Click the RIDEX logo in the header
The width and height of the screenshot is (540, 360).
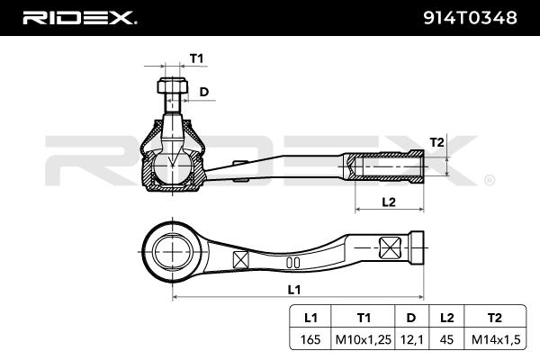pos(78,17)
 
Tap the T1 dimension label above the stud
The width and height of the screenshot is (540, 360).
pos(197,58)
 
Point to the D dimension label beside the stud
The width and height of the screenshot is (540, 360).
pos(204,91)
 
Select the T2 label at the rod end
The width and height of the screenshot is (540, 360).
pos(436,142)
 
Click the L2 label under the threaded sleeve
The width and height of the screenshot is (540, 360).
pos(389,202)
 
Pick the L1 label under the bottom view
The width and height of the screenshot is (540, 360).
pos(293,289)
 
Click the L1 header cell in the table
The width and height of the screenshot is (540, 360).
pos(311,317)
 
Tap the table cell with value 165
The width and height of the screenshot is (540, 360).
pos(311,339)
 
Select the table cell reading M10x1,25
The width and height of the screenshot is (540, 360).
pos(363,339)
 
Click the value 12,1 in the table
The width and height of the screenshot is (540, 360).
pos(411,339)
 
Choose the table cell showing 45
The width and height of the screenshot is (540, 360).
pos(446,339)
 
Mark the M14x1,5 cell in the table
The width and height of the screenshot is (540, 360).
pos(493,339)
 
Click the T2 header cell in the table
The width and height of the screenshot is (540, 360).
pos(493,317)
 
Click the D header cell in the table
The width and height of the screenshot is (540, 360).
pos(411,317)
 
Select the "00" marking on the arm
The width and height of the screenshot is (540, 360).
pos(292,262)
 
